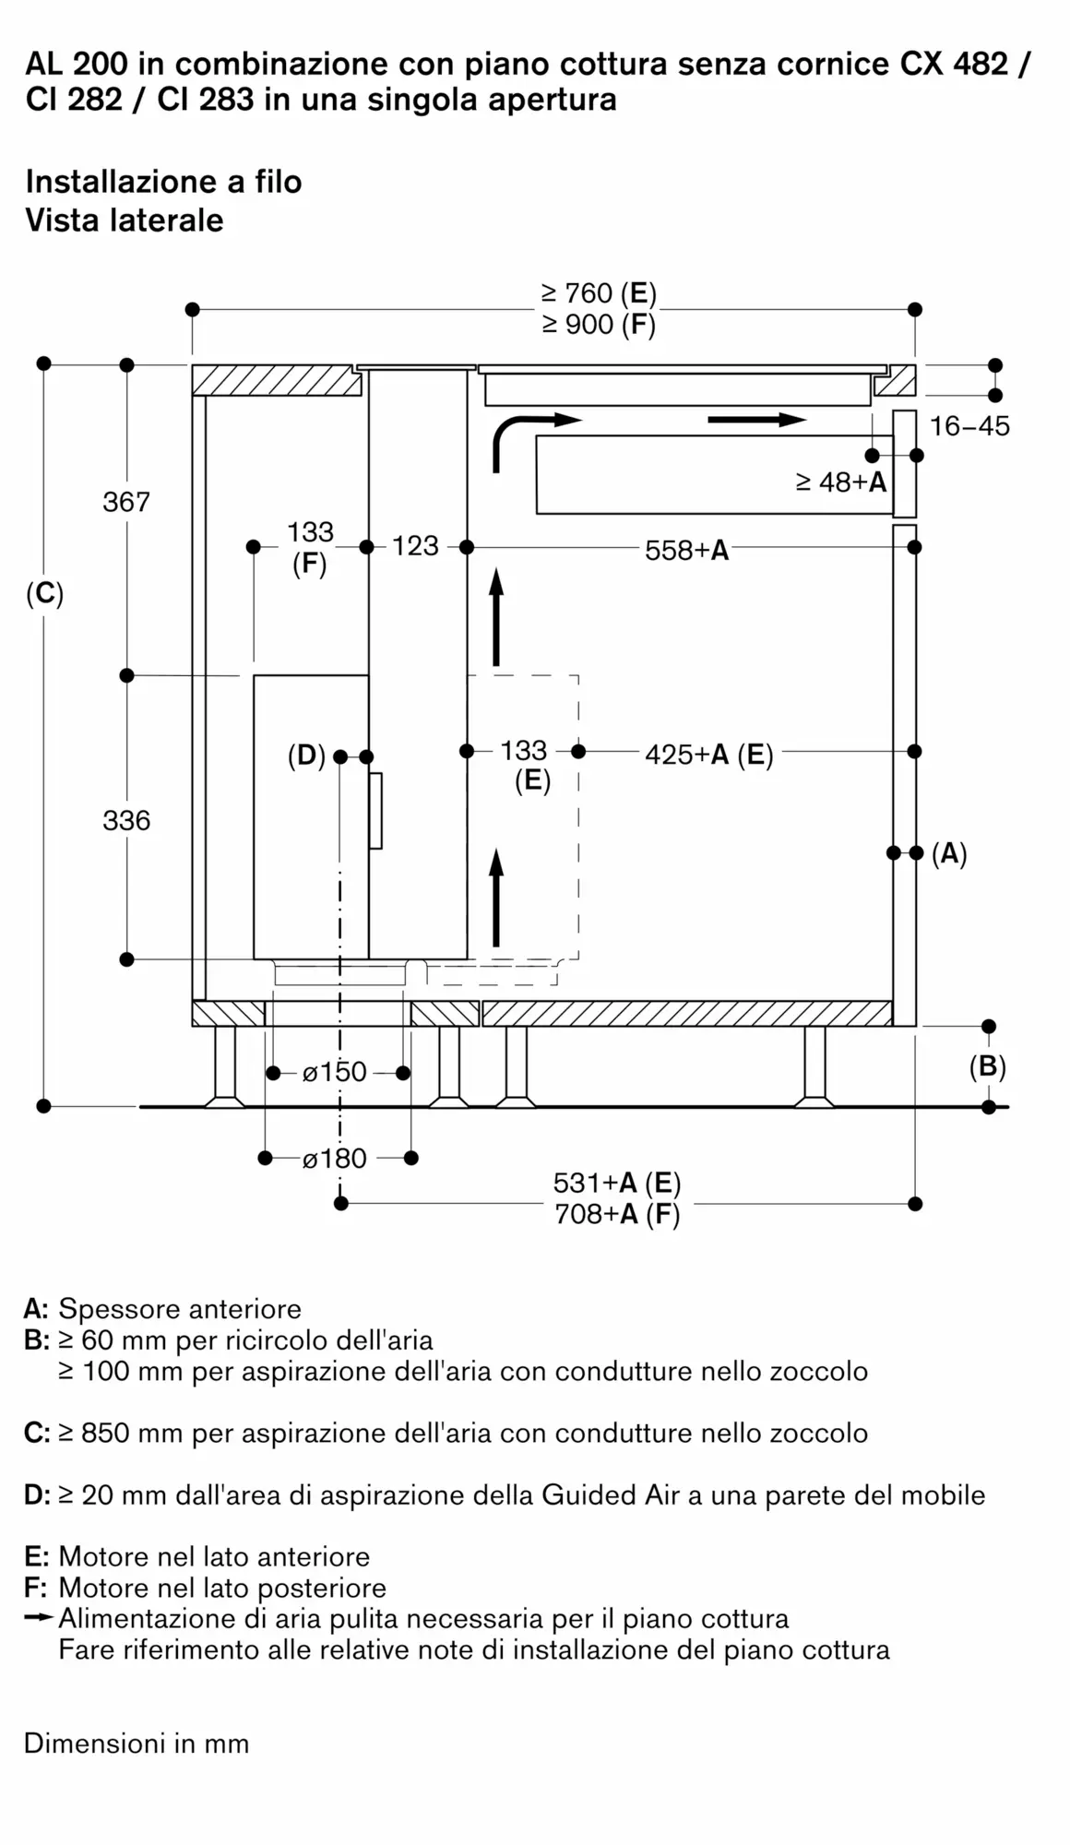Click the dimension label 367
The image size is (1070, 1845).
click(126, 502)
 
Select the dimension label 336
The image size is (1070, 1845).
click(126, 820)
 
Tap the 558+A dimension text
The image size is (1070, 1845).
click(686, 551)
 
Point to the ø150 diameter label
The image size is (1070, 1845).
click(335, 1072)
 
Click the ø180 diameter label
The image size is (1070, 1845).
click(335, 1159)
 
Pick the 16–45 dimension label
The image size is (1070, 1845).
click(969, 426)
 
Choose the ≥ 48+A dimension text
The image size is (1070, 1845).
click(840, 482)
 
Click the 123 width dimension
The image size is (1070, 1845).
click(415, 546)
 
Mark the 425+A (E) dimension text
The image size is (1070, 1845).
click(708, 755)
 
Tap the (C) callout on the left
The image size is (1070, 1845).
click(44, 594)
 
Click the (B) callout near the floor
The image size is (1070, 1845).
click(987, 1067)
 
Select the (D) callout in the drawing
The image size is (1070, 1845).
click(306, 756)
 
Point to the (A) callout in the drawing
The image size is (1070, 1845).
click(949, 853)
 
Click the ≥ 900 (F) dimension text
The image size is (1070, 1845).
click(599, 325)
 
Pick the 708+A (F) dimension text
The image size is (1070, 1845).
click(616, 1214)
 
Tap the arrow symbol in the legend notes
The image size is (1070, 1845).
click(40, 1618)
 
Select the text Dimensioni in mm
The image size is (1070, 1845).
click(137, 1744)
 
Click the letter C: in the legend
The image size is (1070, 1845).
click(37, 1433)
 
